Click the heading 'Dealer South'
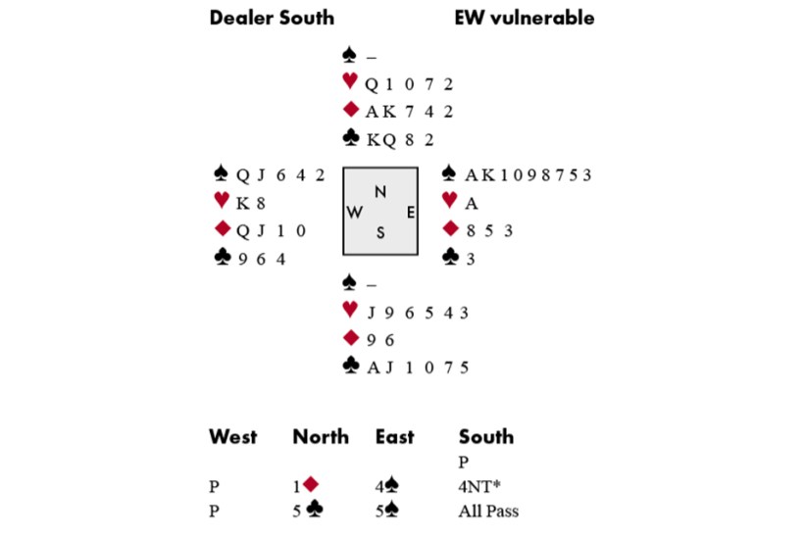coord(272,18)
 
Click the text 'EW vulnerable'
coord(525,18)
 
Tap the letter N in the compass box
coord(380,191)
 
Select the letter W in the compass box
coord(355,212)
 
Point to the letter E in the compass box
coord(410,212)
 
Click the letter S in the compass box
coord(380,232)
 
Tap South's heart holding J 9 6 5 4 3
coord(417,313)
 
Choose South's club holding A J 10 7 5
coord(417,367)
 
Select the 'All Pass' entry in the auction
coord(488,511)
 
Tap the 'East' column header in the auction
coord(394,437)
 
